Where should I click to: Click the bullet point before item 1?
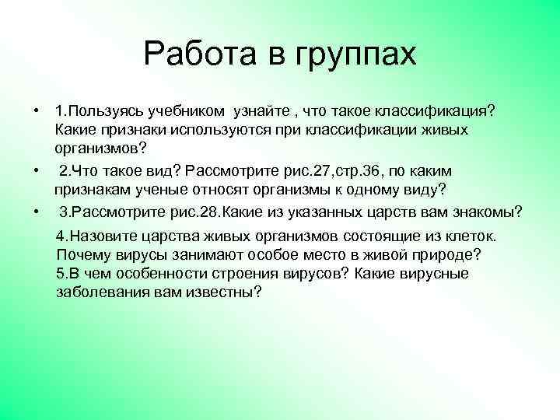click(37, 107)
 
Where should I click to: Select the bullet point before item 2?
click(37, 170)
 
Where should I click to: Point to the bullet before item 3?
click(37, 212)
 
